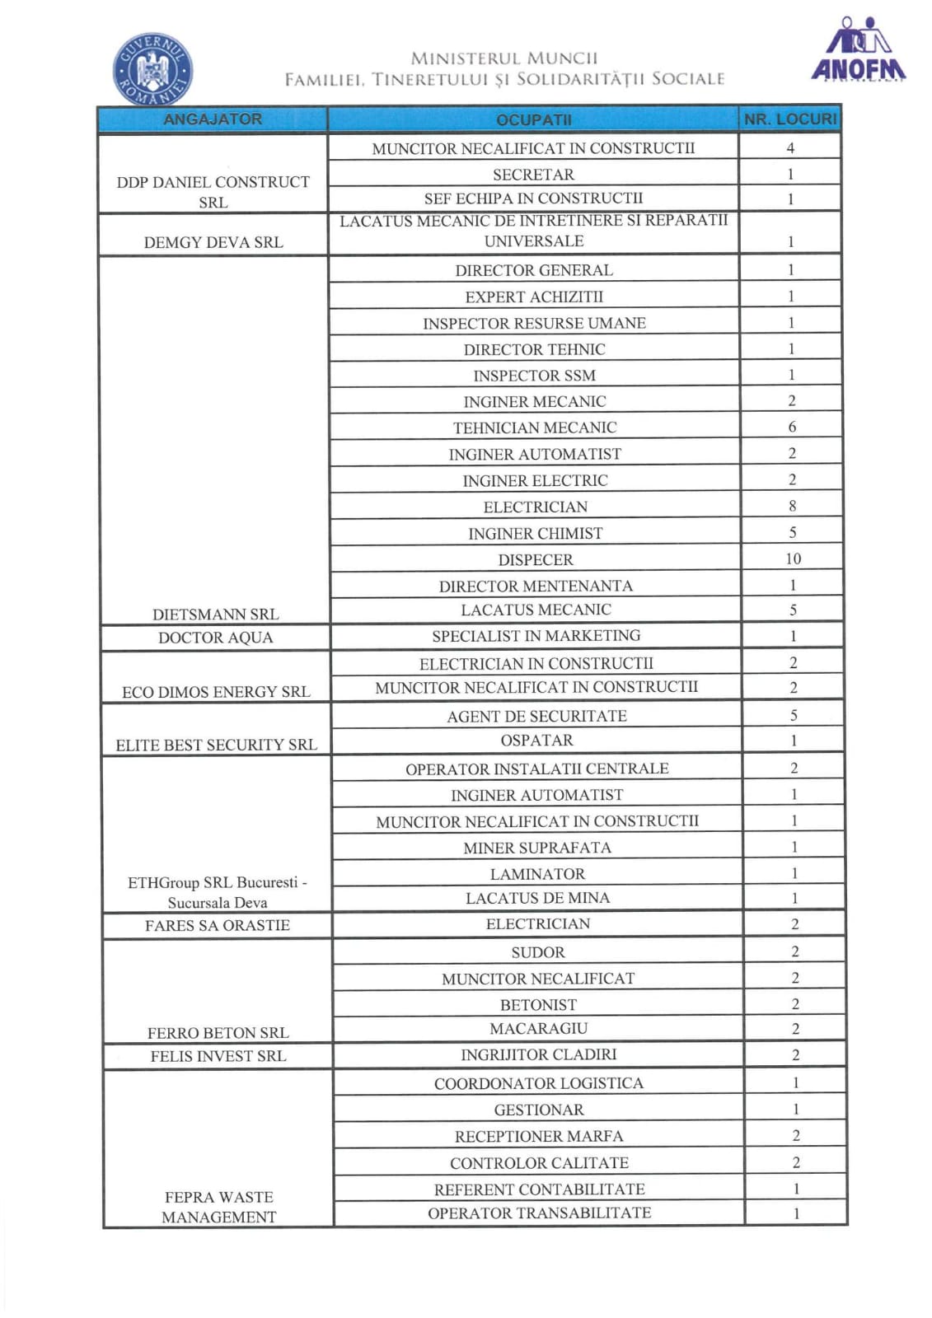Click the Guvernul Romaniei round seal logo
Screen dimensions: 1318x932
pos(152,69)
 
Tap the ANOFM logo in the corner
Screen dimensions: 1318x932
pos(858,53)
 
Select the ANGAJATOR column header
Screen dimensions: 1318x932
pos(213,119)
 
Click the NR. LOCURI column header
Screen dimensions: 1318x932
pos(790,119)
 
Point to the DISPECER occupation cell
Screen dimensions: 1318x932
pos(536,560)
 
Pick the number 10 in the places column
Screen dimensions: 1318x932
pos(793,559)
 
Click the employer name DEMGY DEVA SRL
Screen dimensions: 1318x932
pos(213,242)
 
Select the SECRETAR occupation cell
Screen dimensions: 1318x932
pos(534,175)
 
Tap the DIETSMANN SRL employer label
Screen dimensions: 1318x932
pos(216,615)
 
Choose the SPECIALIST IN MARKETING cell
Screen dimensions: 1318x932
pos(536,636)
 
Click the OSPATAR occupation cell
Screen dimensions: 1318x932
pos(537,741)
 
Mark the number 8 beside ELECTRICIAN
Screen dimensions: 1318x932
pos(792,506)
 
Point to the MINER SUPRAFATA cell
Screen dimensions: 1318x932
pos(537,848)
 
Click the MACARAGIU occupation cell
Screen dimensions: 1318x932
pos(539,1029)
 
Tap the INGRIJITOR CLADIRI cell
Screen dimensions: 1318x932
pos(539,1055)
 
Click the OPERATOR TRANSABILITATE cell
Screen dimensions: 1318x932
pos(540,1213)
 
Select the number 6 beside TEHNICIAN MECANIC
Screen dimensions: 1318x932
pos(792,427)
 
